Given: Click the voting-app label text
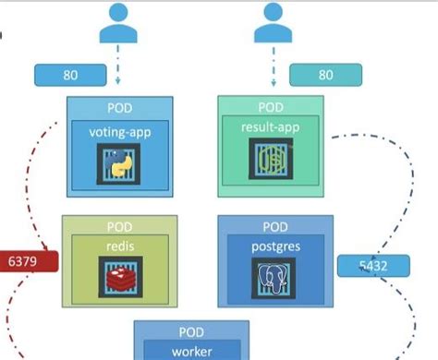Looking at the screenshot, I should (x=121, y=132).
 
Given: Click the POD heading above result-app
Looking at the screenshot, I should (x=270, y=107).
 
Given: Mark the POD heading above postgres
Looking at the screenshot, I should (x=274, y=227).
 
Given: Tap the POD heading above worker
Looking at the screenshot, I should (x=192, y=332).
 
